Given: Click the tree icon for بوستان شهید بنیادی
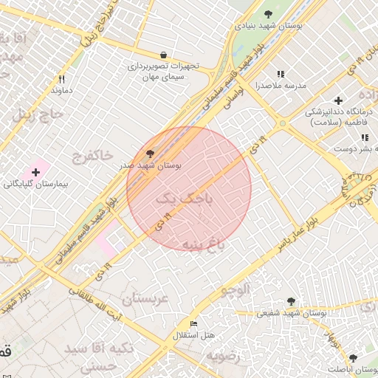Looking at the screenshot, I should coord(267,14).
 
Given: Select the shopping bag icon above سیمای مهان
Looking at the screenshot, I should coord(162,55).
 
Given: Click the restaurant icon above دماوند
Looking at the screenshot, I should coord(62,79).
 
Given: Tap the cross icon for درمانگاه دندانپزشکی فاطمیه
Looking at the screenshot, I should coord(338,100).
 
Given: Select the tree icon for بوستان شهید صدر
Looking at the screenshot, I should coord(151,154).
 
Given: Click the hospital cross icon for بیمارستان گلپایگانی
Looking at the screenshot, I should coord(35,172).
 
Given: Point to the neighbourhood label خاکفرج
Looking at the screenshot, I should coord(92,156).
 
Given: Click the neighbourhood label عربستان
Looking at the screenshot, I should coord(145,298).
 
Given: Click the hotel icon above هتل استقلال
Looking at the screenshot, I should coord(194,324).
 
